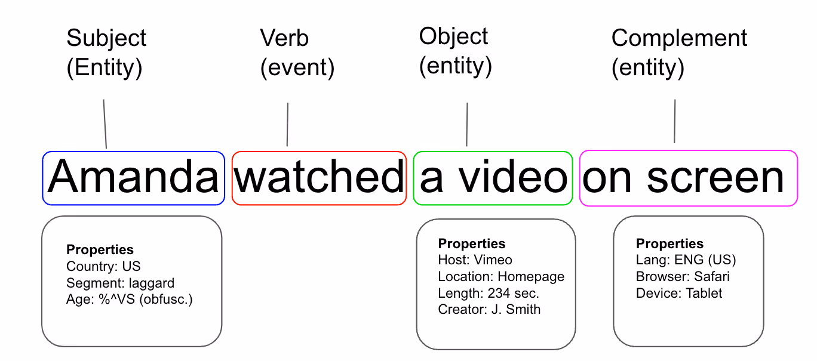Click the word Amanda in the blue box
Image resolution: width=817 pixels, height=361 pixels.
coord(133,176)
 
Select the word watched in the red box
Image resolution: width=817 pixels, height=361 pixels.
coord(319,176)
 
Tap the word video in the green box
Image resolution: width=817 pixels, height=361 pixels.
coord(513,176)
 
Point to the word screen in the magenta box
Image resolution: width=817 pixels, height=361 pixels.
coord(715,178)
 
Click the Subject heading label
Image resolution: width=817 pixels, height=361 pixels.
coord(106,38)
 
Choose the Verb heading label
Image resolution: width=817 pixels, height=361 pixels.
coord(284,38)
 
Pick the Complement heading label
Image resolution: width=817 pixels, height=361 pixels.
coord(679,38)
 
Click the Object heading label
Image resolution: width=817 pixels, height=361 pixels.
coord(453,36)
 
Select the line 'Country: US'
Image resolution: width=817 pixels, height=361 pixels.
coord(103,266)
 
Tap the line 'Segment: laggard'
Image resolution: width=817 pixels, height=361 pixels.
coord(121,283)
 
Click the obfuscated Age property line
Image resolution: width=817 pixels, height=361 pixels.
coord(129,300)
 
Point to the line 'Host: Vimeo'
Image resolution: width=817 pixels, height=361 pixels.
coord(475,260)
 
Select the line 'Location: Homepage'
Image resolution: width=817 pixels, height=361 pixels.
coord(501,277)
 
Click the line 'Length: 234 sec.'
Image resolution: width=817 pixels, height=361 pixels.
coord(489,293)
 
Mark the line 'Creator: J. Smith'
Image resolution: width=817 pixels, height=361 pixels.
coord(489,309)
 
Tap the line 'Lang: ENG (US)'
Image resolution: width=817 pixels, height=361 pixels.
coord(686,260)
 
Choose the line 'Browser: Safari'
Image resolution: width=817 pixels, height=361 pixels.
coord(683,276)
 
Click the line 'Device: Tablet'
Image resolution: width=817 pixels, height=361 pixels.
coord(679,293)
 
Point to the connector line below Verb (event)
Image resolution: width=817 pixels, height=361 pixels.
coord(287,124)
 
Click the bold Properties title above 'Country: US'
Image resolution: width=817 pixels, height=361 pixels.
coord(100,250)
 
